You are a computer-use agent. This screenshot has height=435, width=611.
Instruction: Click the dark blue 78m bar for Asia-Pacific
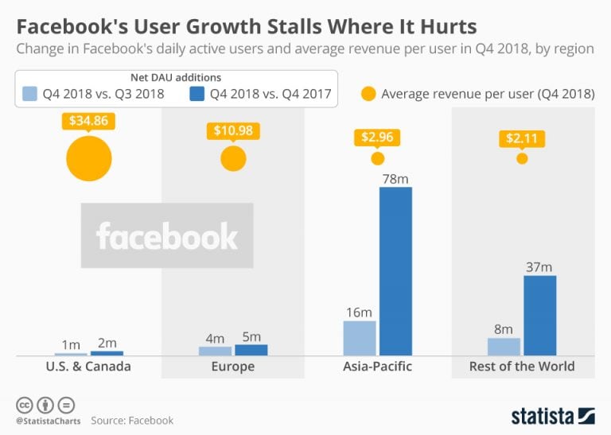pyautogui.click(x=395, y=270)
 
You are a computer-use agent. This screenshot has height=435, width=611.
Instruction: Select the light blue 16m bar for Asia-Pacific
pyautogui.click(x=360, y=337)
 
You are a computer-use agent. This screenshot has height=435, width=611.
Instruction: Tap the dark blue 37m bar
pyautogui.click(x=539, y=315)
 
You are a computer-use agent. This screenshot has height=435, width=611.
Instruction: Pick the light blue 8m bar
pyautogui.click(x=504, y=346)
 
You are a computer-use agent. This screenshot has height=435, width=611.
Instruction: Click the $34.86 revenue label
pyautogui.click(x=88, y=122)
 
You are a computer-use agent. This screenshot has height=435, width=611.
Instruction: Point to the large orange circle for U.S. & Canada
pyautogui.click(x=88, y=158)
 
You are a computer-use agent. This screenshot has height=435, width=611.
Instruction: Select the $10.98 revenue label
pyautogui.click(x=233, y=130)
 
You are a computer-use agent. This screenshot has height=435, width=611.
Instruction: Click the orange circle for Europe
pyautogui.click(x=233, y=158)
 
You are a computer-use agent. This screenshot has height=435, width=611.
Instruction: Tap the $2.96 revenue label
pyautogui.click(x=377, y=137)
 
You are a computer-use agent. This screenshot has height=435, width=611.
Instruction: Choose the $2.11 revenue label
pyautogui.click(x=522, y=139)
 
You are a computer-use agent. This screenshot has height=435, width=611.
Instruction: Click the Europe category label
pyautogui.click(x=233, y=367)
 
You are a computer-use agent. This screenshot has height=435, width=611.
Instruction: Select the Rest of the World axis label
pyautogui.click(x=522, y=367)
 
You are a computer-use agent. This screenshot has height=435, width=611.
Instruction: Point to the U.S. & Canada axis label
pyautogui.click(x=89, y=367)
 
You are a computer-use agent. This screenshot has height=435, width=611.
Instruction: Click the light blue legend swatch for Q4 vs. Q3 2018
pyautogui.click(x=29, y=94)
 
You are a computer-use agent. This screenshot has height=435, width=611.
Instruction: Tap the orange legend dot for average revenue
pyautogui.click(x=368, y=93)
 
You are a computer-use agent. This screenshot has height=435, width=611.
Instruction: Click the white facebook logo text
pyautogui.click(x=166, y=236)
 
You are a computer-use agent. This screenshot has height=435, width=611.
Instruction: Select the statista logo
pyautogui.click(x=552, y=415)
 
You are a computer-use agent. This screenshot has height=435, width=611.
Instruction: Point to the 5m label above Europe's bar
pyautogui.click(x=251, y=336)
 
